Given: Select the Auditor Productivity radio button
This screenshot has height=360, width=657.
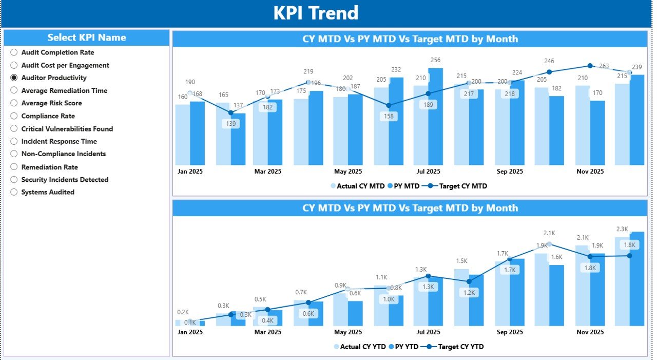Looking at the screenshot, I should click(14, 78).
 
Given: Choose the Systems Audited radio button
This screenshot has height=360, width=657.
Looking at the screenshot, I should click(14, 192).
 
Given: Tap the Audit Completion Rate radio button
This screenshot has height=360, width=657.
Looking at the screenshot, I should click(14, 52).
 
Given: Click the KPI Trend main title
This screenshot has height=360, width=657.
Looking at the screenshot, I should click(316, 13).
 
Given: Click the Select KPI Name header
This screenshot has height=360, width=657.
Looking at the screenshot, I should click(87, 37).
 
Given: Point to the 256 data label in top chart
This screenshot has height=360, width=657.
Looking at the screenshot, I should click(435, 61).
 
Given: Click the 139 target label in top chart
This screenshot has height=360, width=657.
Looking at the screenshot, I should click(230, 124).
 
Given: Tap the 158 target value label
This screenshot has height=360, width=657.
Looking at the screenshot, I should click(389, 116).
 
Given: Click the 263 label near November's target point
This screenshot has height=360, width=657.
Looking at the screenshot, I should click(604, 66).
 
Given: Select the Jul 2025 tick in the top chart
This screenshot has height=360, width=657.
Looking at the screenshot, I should click(428, 172).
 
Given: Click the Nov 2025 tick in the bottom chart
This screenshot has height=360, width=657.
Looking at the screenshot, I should click(590, 332).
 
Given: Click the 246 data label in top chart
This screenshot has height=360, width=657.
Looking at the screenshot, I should click(549, 61).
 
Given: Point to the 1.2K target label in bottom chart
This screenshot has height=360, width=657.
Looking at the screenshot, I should click(469, 293).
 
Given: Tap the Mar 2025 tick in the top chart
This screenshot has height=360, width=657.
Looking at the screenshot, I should click(268, 172).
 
